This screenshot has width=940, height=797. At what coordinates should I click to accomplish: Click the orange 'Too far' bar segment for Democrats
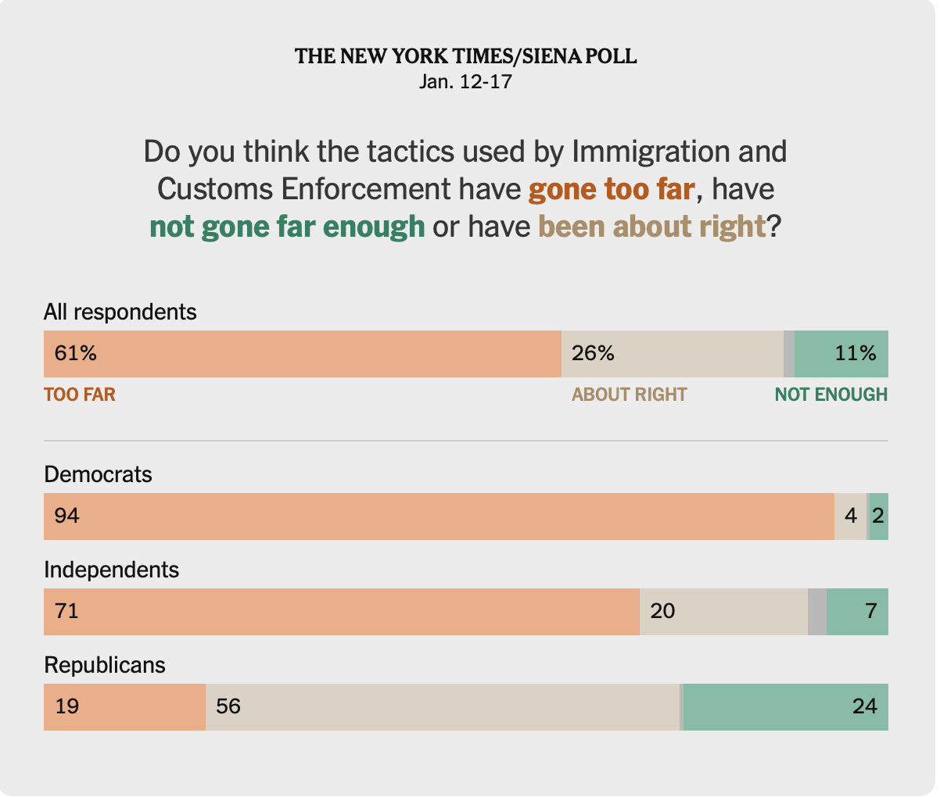[438, 516]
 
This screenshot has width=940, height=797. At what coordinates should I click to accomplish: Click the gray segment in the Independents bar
[816, 612]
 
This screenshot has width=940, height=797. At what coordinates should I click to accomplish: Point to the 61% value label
[75, 354]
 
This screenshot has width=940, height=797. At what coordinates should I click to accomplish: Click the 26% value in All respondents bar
[593, 354]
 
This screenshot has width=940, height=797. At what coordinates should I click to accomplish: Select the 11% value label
[856, 354]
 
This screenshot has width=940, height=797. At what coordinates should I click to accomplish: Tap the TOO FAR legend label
[80, 395]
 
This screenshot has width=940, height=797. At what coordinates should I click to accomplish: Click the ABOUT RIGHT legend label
[629, 395]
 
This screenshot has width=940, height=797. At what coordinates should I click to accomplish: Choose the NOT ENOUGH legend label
[831, 395]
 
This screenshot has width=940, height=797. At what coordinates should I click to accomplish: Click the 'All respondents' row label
[120, 312]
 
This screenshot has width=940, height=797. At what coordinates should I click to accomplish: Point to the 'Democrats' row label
[98, 474]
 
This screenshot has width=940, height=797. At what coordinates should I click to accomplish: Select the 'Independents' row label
[112, 570]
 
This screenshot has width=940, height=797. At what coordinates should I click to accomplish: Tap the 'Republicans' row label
[105, 665]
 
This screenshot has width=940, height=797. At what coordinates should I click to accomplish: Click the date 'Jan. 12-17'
[465, 81]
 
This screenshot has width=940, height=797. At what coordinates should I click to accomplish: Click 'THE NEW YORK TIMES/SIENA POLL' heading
[465, 56]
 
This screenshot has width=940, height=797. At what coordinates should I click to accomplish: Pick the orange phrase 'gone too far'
[612, 189]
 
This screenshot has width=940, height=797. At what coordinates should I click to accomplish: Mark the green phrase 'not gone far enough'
[287, 227]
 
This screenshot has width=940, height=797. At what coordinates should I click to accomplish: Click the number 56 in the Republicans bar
[228, 707]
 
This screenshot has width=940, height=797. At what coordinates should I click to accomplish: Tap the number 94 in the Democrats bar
[66, 516]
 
